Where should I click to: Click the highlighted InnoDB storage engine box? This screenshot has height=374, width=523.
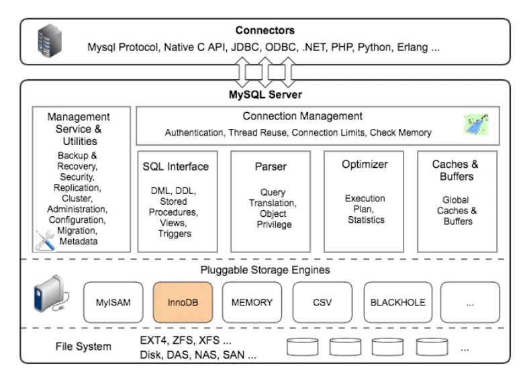pyautogui.click(x=183, y=302)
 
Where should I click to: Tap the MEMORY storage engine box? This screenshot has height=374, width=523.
pyautogui.click(x=252, y=302)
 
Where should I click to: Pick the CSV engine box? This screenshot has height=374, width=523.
pyautogui.click(x=322, y=302)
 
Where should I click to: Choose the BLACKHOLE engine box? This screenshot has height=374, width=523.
pyautogui.click(x=397, y=302)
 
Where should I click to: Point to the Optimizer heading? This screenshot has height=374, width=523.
pyautogui.click(x=365, y=165)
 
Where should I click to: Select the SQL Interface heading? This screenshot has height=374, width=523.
pyautogui.click(x=177, y=166)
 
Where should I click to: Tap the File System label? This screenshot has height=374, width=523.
pyautogui.click(x=83, y=346)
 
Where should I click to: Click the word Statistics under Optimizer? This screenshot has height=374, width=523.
pyautogui.click(x=365, y=220)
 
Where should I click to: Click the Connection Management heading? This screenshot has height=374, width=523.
pyautogui.click(x=302, y=116)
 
